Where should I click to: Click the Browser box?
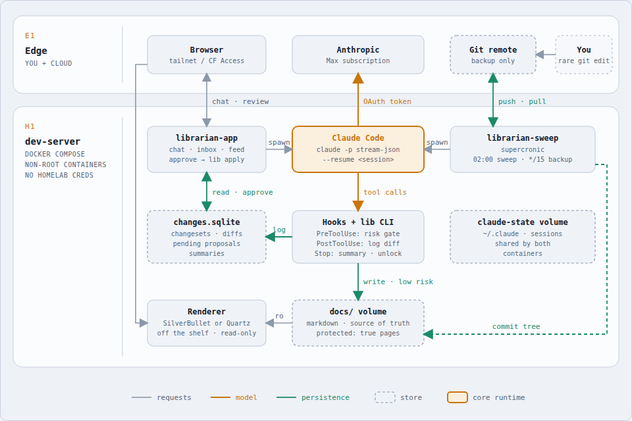206,55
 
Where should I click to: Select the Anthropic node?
358,55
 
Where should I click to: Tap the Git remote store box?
493,55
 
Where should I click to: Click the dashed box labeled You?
584,55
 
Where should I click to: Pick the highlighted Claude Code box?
358,149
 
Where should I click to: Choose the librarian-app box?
206,149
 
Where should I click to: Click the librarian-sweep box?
522,149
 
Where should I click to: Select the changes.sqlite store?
206,237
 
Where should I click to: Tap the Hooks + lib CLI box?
358,237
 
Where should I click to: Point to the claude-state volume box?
522,237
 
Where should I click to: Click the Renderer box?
206,323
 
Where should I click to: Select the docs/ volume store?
358,323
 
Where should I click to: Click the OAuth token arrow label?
387,101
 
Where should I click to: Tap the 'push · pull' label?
522,101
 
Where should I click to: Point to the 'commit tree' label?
516,326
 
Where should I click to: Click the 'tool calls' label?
385,192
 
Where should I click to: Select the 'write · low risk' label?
398,282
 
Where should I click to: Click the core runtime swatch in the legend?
458,397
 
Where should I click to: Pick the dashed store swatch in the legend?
385,397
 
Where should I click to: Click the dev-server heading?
53,141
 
